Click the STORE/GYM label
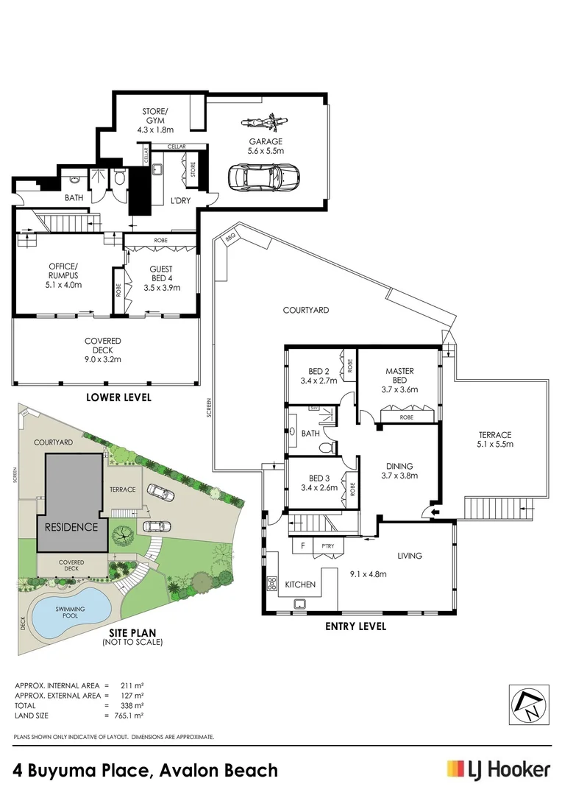coord(154,121)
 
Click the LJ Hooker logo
coord(498,770)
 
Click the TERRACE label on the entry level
coord(494,439)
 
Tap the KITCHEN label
coord(300,584)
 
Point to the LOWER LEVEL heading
coord(118,398)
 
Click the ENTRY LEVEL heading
coord(355,627)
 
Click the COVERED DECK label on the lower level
coord(102,350)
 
